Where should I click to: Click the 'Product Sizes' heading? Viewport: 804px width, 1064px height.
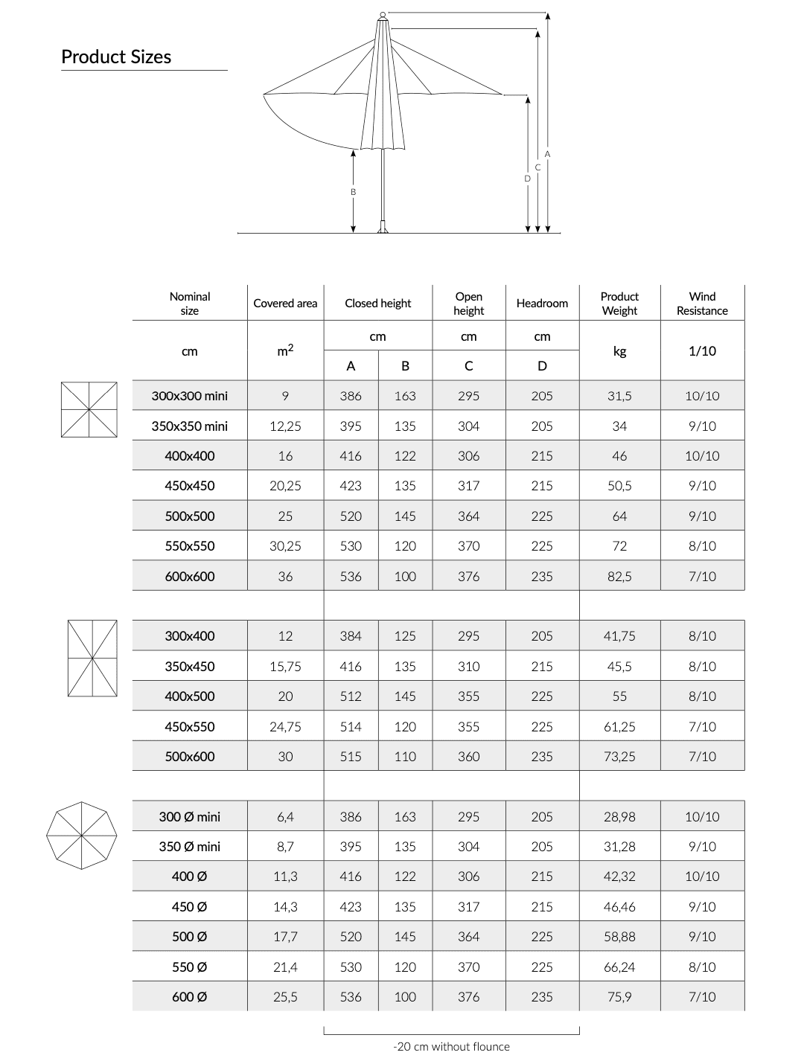click(x=116, y=57)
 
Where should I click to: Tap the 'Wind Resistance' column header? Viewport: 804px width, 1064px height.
click(x=702, y=304)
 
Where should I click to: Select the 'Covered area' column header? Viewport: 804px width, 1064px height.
click(x=285, y=304)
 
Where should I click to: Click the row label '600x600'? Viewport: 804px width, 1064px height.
click(x=190, y=576)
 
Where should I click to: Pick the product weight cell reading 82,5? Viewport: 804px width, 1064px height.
click(x=619, y=576)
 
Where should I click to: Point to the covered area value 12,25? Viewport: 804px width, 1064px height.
click(x=285, y=426)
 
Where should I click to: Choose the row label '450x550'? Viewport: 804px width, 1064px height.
click(x=190, y=726)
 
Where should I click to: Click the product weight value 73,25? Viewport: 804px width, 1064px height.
click(x=619, y=757)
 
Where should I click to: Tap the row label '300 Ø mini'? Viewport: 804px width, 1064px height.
click(x=190, y=817)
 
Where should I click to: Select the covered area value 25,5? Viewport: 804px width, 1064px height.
click(x=285, y=997)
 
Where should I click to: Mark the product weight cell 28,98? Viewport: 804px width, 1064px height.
click(x=619, y=817)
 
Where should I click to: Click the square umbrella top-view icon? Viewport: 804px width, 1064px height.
click(x=89, y=409)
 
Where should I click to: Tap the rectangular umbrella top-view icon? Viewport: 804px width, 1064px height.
click(x=92, y=658)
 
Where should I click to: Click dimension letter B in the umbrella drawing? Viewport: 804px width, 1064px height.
click(x=354, y=192)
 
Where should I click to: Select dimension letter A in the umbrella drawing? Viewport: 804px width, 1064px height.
click(x=547, y=154)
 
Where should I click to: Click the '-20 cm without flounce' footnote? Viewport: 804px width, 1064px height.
click(x=451, y=1047)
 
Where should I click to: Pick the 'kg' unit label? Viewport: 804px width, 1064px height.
click(x=619, y=351)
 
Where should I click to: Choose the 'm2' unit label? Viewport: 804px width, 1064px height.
click(x=285, y=351)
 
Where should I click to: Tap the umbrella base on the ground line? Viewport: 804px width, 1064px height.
click(x=383, y=228)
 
